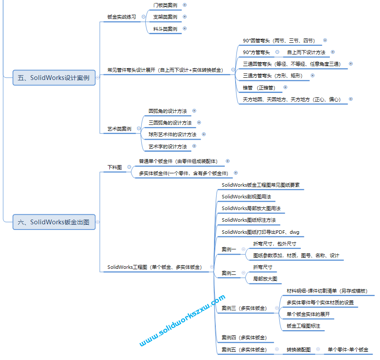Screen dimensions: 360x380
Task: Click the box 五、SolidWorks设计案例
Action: pos(54,78)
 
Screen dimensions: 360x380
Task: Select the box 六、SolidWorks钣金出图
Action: pos(54,222)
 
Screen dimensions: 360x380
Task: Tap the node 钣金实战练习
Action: pos(121,17)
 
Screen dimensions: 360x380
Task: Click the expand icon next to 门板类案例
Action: pos(185,5)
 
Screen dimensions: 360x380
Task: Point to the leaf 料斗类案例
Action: pos(165,29)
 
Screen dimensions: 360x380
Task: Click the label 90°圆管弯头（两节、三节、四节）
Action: pos(279,41)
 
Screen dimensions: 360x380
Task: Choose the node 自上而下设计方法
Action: pos(306,52)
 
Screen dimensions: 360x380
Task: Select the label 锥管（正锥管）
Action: pos(259,88)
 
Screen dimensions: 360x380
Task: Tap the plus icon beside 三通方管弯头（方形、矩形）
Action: pos(313,76)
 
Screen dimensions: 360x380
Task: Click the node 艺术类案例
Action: pos(119,129)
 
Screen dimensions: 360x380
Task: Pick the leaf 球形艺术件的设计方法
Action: pos(172,134)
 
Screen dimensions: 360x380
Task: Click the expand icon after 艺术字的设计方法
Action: pos(194,147)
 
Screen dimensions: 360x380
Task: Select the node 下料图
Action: pos(115,167)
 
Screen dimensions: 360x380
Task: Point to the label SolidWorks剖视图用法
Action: pos(246,197)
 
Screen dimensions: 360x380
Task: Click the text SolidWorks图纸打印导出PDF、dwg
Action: pos(260,232)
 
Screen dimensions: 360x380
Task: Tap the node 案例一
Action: pos(229,249)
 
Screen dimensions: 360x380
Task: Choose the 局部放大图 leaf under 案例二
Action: pos(265,279)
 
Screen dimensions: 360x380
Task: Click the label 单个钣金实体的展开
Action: pos(308,314)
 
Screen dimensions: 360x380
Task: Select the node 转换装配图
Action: pos(298,350)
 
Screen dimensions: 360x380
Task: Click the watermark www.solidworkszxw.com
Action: pos(182,320)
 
